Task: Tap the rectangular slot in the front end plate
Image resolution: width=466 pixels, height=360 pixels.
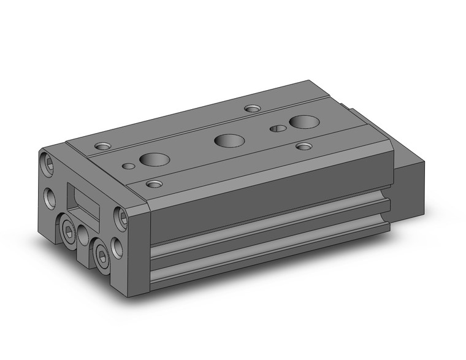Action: coord(85,200)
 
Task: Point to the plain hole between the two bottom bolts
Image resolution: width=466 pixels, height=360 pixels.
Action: coord(84,232)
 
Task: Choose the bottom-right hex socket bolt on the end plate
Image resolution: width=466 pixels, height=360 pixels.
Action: coord(99,248)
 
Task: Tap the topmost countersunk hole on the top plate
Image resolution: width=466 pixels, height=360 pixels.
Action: coord(251,109)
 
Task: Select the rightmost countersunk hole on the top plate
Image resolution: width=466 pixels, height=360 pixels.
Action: coord(304,146)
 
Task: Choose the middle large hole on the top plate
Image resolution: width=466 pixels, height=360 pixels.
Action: coord(226,140)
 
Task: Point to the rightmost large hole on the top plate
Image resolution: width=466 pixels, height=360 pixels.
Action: coord(301,121)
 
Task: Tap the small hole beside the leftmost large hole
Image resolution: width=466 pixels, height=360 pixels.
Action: coord(129,166)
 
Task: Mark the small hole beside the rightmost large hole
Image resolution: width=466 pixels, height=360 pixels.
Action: coord(278,129)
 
